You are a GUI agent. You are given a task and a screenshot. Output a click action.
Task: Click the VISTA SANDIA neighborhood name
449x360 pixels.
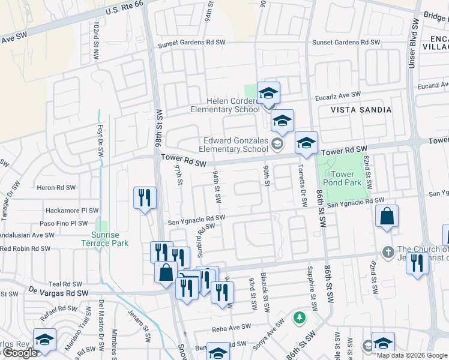tap(361, 110)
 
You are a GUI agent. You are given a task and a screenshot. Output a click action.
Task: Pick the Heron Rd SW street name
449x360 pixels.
tap(55, 187)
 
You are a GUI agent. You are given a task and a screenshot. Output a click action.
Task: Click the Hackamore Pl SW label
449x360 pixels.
tap(72, 211)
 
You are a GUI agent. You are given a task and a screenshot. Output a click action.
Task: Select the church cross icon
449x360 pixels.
tap(388, 250)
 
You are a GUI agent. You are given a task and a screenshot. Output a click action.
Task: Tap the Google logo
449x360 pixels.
tap(19, 353)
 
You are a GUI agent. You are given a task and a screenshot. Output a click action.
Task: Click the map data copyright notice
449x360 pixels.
tap(411, 355)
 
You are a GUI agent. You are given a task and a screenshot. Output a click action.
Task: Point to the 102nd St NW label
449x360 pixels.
tap(95, 37)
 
